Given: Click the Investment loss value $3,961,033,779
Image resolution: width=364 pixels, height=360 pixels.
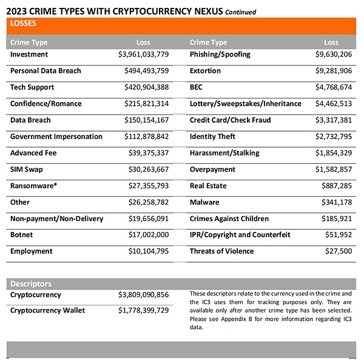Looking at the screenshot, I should (143, 55).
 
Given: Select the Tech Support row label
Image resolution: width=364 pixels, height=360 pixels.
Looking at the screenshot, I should (32, 87).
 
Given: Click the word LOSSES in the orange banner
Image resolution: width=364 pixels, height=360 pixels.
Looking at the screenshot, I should (24, 24).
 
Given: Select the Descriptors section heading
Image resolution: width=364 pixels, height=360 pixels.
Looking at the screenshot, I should (31, 284).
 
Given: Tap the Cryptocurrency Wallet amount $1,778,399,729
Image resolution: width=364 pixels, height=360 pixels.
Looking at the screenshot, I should (143, 311).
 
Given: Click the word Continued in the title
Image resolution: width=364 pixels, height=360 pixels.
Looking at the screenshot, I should (241, 12).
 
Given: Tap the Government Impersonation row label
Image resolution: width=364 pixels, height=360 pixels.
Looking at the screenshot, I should (56, 137).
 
